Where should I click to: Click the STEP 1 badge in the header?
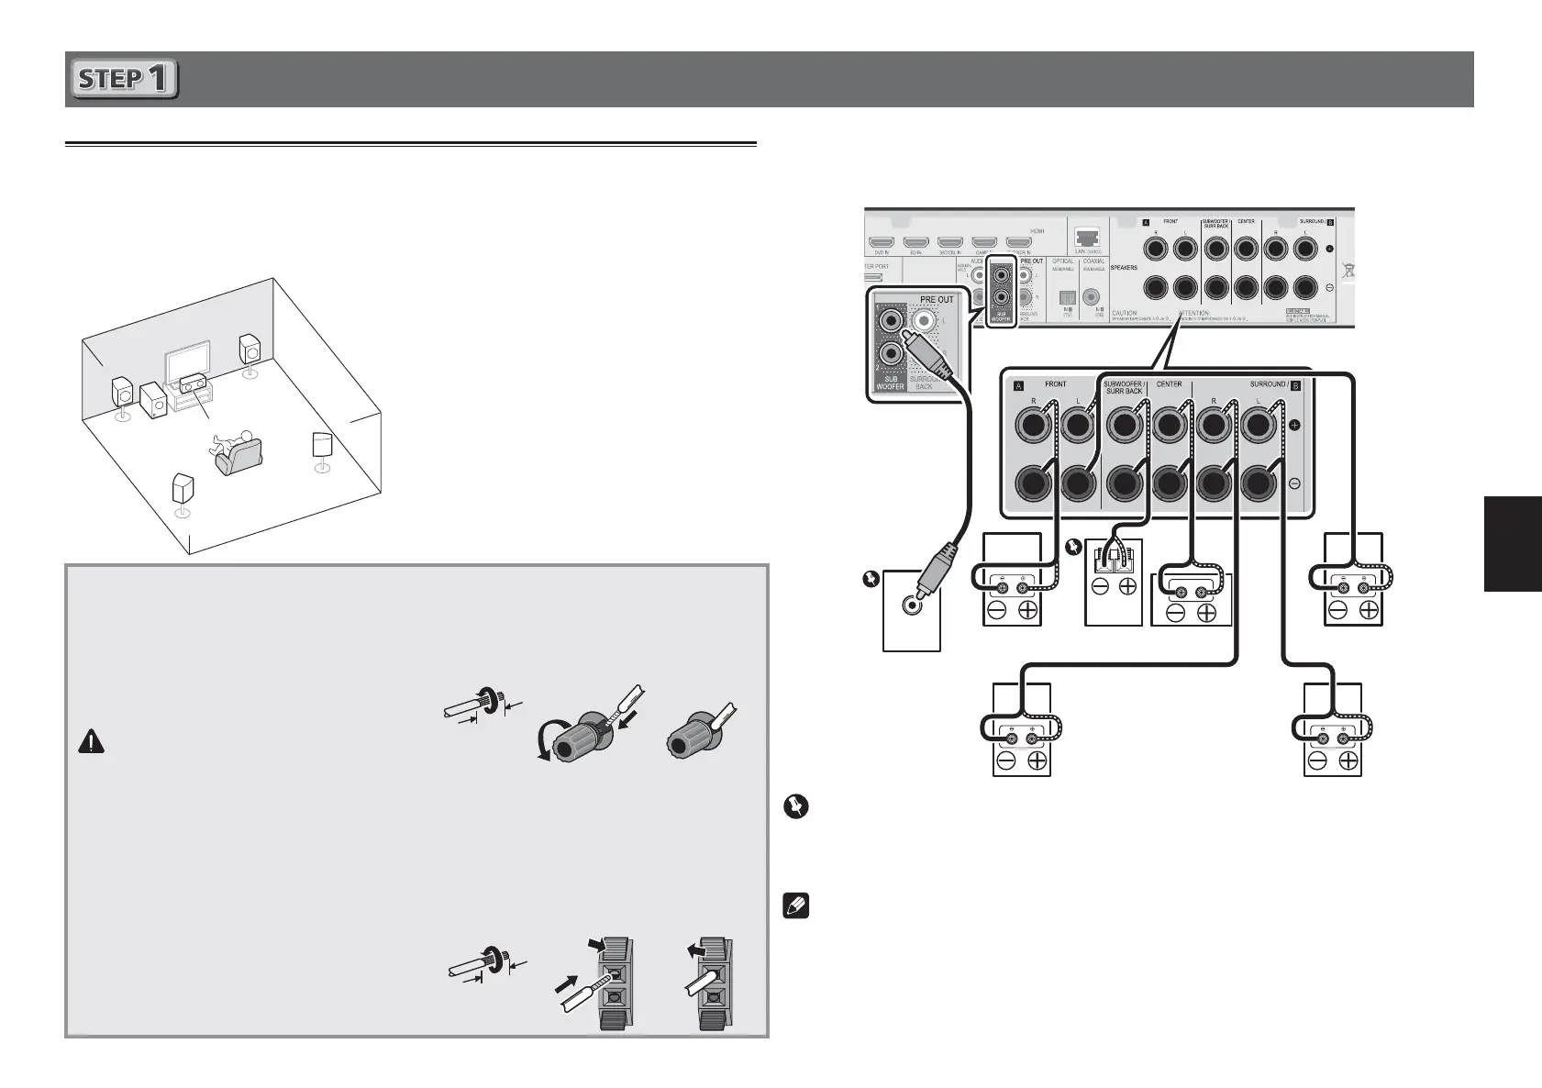[125, 79]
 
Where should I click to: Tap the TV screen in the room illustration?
[186, 365]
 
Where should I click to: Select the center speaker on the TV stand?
[194, 383]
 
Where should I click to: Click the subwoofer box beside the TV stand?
[153, 400]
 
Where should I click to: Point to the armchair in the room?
[239, 456]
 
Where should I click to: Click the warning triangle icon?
[91, 742]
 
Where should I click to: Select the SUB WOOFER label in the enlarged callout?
[890, 382]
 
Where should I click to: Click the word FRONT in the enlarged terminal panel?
[1055, 383]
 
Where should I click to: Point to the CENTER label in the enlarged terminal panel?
[1170, 383]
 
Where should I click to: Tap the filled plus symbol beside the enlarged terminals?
[1294, 426]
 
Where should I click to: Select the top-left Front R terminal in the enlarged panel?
[1033, 425]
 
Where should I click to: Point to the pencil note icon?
[795, 907]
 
